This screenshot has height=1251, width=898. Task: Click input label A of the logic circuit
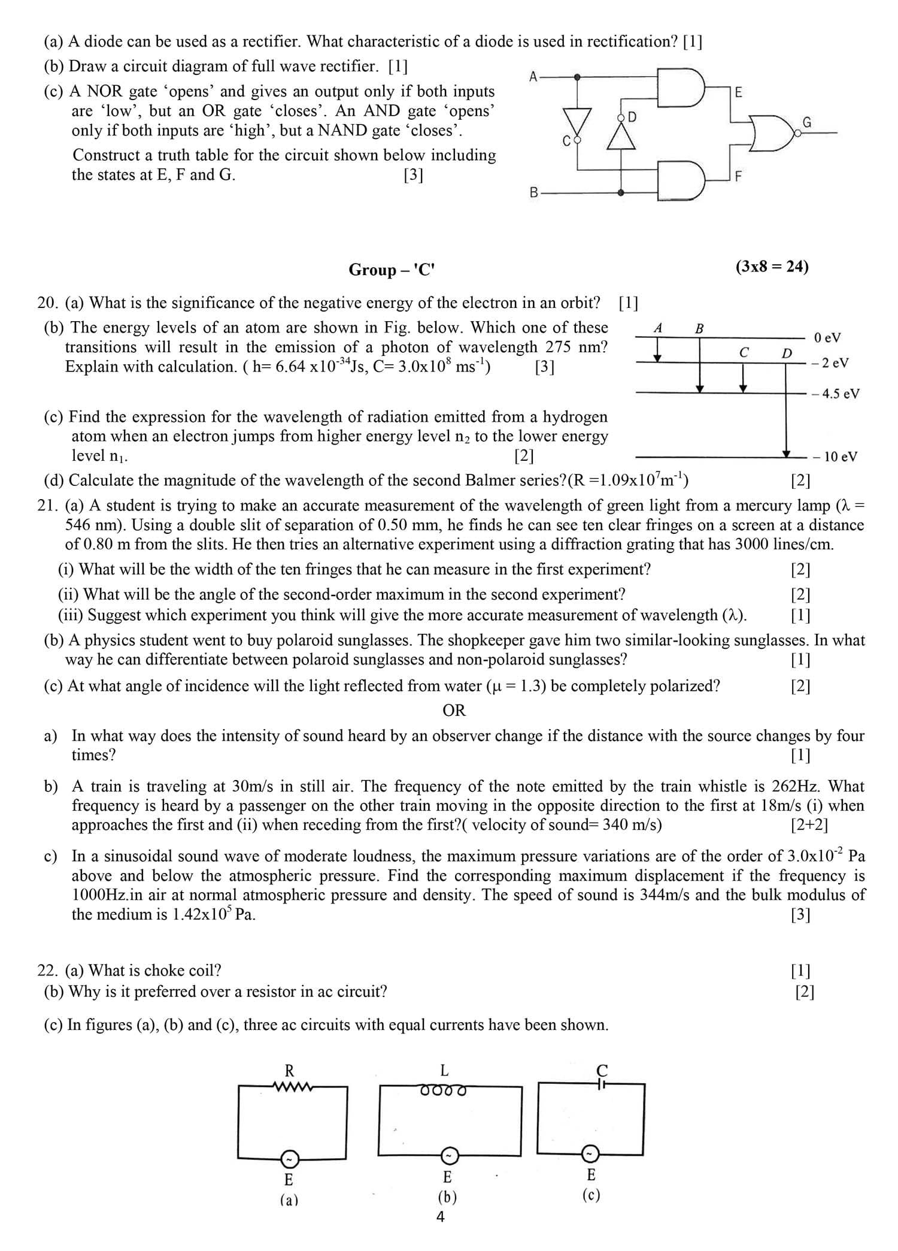[x=533, y=76]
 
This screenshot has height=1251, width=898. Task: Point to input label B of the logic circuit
[x=534, y=193]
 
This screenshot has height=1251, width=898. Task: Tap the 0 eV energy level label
[x=827, y=337]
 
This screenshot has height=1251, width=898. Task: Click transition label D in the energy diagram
[x=786, y=353]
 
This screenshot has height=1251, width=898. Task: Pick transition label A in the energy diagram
[x=658, y=328]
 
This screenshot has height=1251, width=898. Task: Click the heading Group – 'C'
[x=392, y=270]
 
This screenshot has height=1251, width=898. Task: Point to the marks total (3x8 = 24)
[x=772, y=267]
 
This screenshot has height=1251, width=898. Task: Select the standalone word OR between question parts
[x=454, y=711]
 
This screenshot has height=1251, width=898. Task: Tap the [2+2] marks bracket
[x=809, y=825]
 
